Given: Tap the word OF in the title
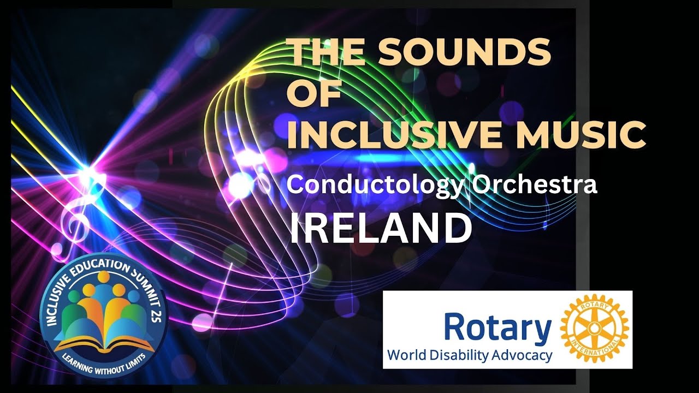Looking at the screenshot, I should click(314, 94).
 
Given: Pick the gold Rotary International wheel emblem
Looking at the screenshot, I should click(595, 329).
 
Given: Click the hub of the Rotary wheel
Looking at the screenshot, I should click(595, 329).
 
